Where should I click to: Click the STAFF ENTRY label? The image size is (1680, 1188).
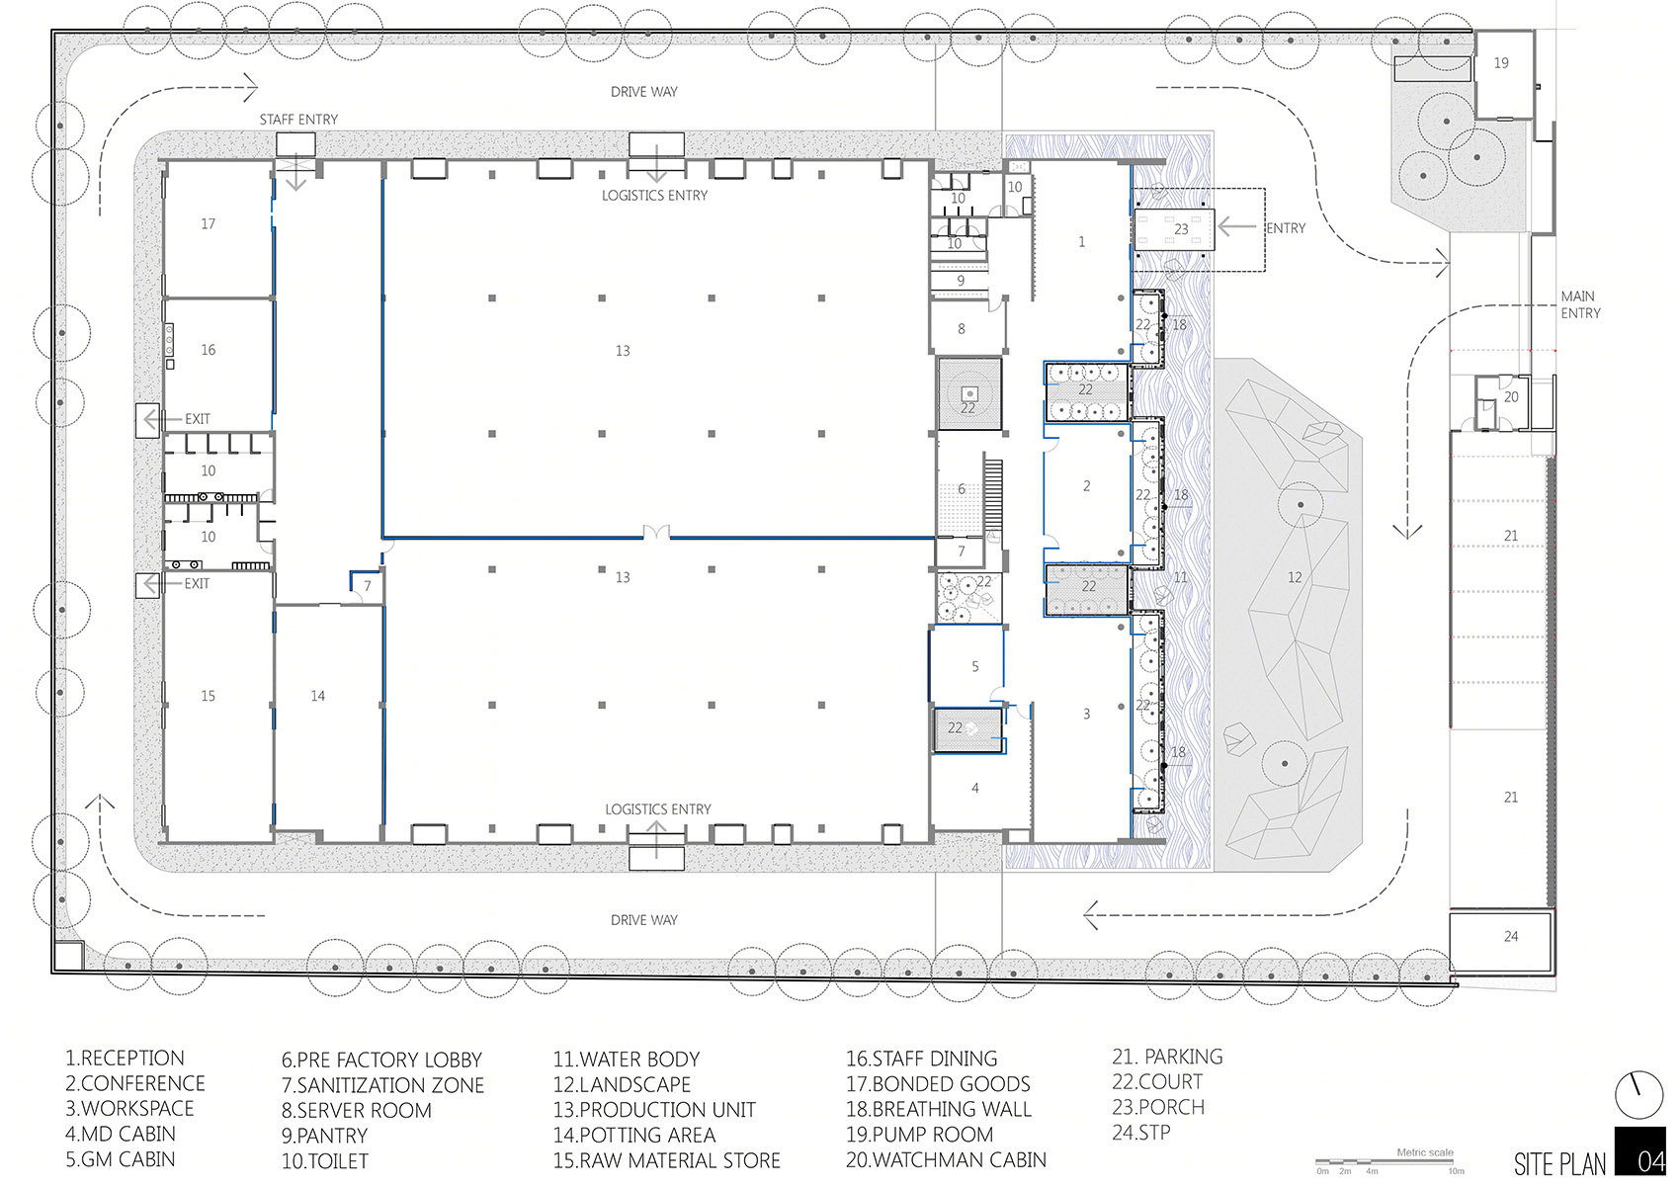point(298,120)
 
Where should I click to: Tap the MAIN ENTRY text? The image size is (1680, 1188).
point(1581,304)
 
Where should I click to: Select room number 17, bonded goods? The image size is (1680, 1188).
point(208,223)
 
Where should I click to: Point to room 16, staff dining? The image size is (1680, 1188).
point(208,350)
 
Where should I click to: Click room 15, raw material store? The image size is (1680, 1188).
point(208,696)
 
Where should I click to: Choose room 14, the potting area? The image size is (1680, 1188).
point(318,696)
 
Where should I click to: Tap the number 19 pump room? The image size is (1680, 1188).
point(1501,63)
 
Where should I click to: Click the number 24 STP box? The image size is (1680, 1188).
point(1511,936)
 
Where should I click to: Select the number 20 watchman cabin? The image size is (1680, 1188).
point(1511,396)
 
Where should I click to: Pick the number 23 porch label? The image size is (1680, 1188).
point(1181,228)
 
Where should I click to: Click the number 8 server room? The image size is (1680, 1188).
point(962,328)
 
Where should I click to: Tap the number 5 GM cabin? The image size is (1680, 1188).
point(975,666)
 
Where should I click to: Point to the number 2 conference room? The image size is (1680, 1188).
point(1087,486)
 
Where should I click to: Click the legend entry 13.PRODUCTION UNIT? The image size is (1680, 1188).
point(655,1109)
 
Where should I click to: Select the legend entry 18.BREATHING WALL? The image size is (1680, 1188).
point(939,1109)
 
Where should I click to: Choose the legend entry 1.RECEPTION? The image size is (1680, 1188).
point(125,1058)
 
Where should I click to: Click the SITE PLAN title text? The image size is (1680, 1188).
point(1560,1163)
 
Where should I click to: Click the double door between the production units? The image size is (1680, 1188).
point(656,534)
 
